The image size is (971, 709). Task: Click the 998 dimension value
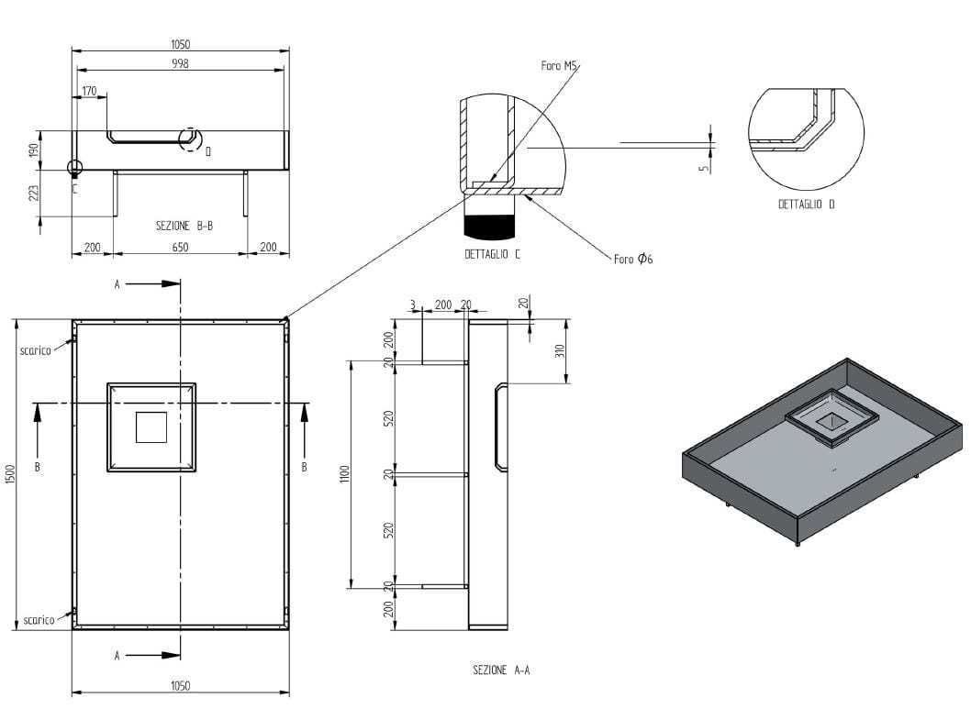point(181,62)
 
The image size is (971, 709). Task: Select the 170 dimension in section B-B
point(89,91)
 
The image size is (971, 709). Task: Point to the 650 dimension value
point(180,247)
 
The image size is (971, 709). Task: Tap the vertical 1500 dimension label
point(10,474)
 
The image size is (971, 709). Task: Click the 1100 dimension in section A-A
point(344,474)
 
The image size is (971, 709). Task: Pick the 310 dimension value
point(560,350)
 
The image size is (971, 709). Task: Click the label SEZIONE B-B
point(185,225)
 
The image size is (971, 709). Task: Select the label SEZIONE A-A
point(501,670)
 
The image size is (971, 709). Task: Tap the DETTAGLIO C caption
point(492,254)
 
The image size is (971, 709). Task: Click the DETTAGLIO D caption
point(807,205)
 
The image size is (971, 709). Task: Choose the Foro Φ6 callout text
point(633,260)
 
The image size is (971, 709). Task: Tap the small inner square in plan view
point(151,427)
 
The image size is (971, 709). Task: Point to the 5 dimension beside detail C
point(702,168)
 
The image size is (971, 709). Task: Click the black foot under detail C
point(491,223)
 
